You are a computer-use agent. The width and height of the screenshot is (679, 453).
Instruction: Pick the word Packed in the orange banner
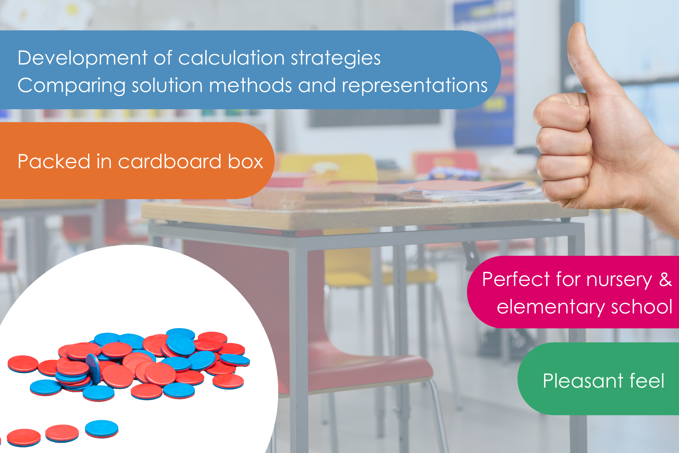pyautogui.click(x=54, y=161)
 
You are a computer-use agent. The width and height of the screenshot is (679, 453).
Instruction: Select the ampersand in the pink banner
pyautogui.click(x=665, y=279)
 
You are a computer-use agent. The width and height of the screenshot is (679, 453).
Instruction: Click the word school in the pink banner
pyautogui.click(x=642, y=307)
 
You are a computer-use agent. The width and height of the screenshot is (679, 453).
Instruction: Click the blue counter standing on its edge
pyautogui.click(x=94, y=369)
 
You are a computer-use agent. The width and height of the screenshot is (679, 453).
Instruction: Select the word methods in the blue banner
pyautogui.click(x=250, y=85)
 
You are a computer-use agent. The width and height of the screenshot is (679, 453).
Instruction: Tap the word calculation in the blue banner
pyautogui.click(x=231, y=58)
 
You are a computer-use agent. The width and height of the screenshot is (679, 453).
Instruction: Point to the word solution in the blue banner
pyautogui.click(x=167, y=85)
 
